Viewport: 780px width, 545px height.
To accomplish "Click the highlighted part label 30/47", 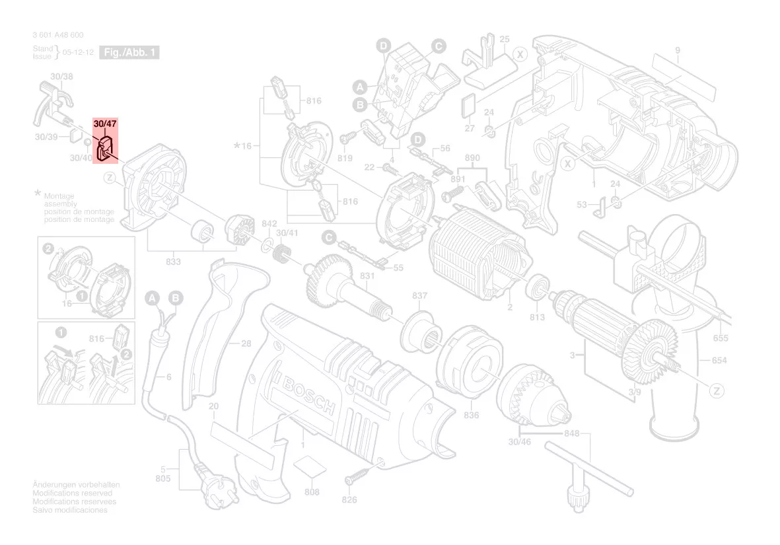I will click(104, 124).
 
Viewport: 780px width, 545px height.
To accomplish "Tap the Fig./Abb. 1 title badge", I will click(129, 52).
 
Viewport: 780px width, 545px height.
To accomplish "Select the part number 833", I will click(173, 262).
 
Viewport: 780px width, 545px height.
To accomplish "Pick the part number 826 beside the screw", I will click(349, 499).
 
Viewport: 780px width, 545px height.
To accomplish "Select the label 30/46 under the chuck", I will click(520, 441).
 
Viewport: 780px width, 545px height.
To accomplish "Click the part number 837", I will click(419, 295).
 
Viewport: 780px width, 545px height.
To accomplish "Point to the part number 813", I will click(536, 318).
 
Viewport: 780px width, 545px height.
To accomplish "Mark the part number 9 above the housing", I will click(677, 51).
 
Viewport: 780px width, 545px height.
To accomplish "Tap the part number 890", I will click(472, 159).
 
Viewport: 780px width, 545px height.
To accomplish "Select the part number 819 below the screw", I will click(345, 158).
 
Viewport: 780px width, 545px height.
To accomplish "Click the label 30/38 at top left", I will click(62, 77).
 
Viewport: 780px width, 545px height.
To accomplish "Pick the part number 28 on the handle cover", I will click(246, 344).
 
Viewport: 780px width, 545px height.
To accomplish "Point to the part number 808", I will click(312, 492).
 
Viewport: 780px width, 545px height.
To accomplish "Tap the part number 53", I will click(581, 205).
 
